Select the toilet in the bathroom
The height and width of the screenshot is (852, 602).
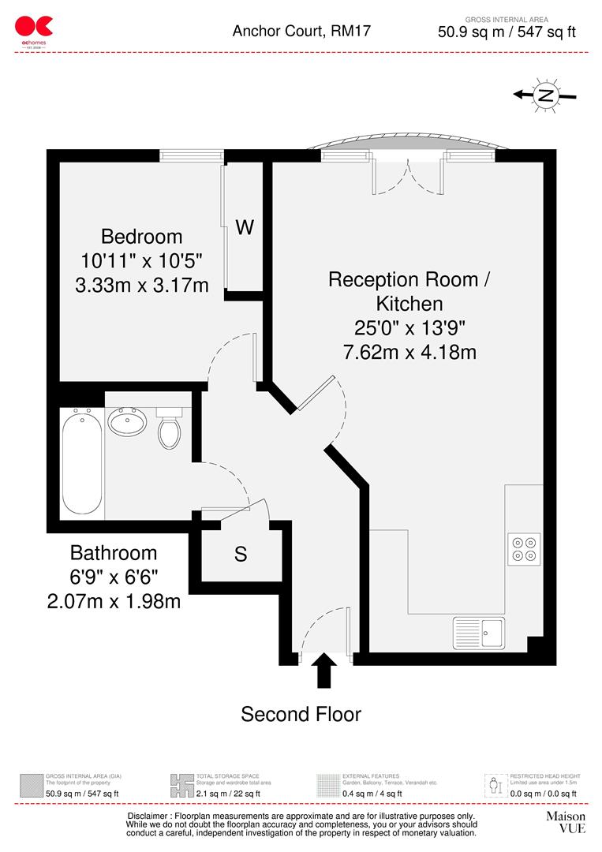[170, 428]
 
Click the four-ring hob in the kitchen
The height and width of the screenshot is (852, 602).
[524, 548]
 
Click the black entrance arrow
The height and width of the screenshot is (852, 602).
[323, 671]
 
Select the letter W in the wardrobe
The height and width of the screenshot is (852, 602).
[245, 227]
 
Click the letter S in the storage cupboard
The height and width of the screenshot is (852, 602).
[241, 555]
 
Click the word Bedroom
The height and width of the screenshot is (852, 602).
[142, 236]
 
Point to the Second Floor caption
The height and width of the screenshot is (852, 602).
[301, 715]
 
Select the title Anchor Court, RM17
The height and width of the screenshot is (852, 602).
[301, 32]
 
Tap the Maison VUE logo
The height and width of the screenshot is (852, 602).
[566, 822]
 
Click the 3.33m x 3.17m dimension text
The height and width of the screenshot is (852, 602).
[142, 284]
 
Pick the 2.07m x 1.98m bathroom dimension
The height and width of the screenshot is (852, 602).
[114, 601]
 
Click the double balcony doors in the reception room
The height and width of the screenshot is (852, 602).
[408, 175]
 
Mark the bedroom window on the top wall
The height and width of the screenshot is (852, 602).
[190, 156]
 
